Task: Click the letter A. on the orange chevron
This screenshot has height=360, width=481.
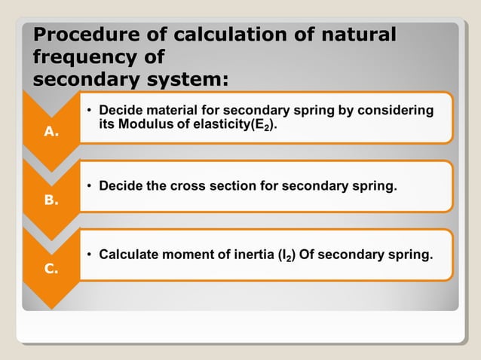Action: [x=51, y=132]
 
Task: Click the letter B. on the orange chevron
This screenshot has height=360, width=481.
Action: [x=51, y=202]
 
